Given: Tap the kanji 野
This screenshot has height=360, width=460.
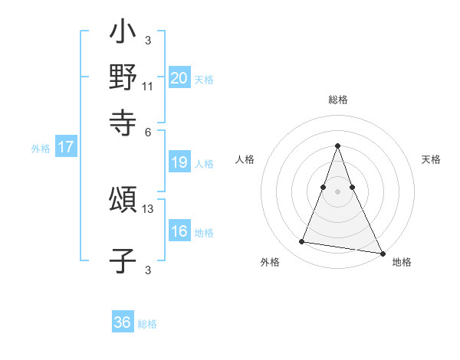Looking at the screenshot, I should point(123,78).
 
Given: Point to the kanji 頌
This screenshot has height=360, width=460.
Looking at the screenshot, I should point(123,201).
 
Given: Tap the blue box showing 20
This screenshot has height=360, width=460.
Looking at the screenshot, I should point(179,78).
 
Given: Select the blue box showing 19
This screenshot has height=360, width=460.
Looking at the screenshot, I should point(179,162).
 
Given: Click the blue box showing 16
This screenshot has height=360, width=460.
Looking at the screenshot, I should point(179,231).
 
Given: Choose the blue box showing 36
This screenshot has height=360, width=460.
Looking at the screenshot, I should point(123,322).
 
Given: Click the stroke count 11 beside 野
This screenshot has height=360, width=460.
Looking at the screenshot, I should point(148,86).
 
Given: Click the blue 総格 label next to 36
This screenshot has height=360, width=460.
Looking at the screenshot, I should point(147,324).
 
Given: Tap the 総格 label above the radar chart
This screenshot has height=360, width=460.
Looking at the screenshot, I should point(337,100).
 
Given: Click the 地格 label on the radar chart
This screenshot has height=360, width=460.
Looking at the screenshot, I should point(402,262).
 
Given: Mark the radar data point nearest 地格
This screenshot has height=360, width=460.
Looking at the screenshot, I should point(382,253).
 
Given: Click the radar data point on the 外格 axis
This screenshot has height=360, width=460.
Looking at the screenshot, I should point(302,242).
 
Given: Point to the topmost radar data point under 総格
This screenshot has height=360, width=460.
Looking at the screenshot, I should point(337,146).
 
